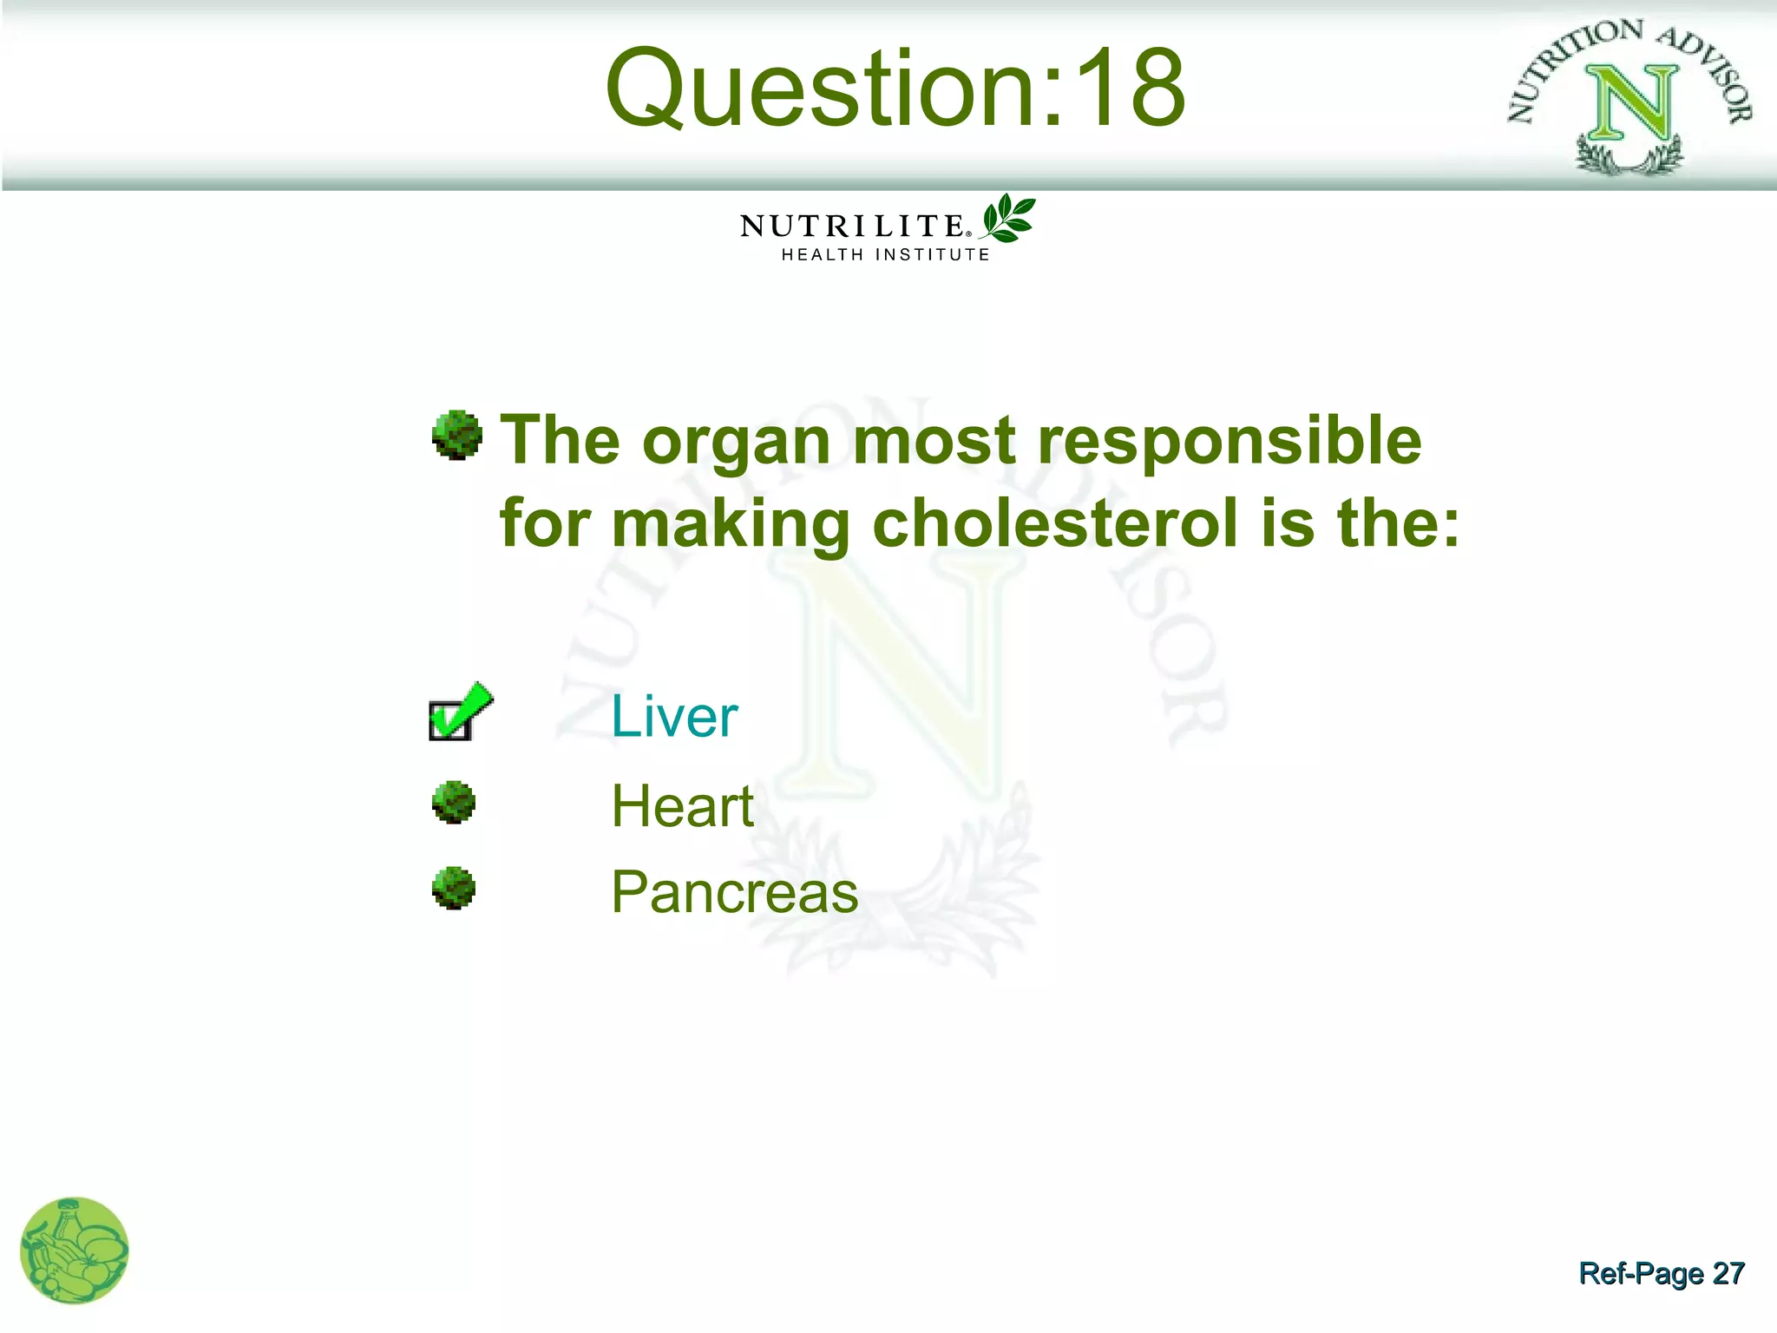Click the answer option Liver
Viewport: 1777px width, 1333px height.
674,717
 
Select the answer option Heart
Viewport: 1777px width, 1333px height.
682,806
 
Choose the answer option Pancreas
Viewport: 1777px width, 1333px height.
734,892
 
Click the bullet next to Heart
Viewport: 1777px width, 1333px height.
454,803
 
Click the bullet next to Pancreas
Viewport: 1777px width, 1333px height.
454,888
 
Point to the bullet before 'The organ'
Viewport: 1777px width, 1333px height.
457,435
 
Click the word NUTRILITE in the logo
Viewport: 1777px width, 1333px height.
853,227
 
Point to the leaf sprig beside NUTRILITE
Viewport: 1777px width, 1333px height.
1007,218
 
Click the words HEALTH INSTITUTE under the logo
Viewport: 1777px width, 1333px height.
885,255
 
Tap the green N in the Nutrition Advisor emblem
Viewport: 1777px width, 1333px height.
1632,103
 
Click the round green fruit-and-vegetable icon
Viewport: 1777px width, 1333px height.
75,1251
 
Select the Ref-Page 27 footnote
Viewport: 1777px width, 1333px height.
1661,1273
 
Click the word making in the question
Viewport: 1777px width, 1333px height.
730,525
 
